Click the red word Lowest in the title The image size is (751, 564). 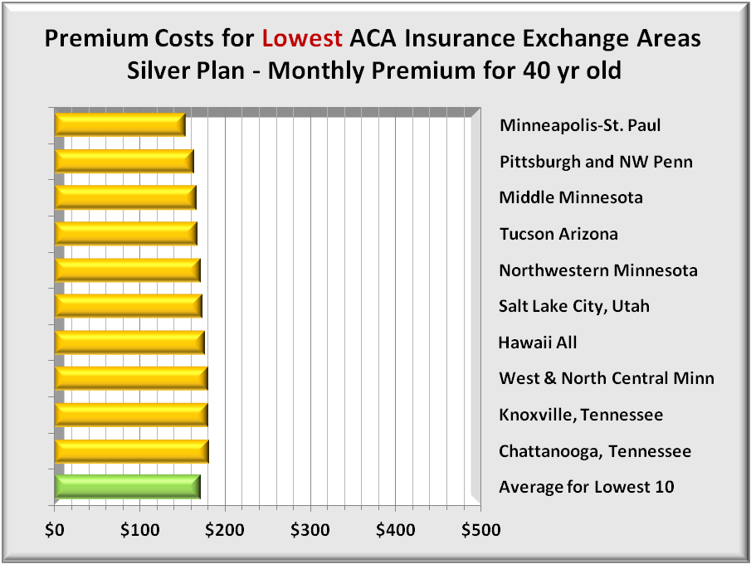coord(302,39)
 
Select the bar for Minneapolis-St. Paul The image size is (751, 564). coord(119,124)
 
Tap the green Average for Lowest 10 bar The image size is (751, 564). coord(127,487)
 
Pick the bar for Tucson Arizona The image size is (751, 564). coord(125,234)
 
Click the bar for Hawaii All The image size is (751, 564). coord(129,343)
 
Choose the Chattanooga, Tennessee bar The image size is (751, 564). coord(131,451)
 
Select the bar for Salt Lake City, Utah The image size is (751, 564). coord(128,306)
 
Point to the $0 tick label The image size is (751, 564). coord(54,528)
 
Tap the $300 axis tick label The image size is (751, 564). coord(310,528)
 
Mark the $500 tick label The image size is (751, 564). coord(481,528)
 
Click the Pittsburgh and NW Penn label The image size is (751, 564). coord(595,162)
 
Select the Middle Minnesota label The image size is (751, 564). coord(570,197)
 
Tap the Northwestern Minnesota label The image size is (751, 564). coord(597,270)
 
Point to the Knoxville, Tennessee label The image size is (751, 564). coord(581,415)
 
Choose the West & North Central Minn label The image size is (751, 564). coord(606,378)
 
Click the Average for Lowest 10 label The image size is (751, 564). coord(586,487)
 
